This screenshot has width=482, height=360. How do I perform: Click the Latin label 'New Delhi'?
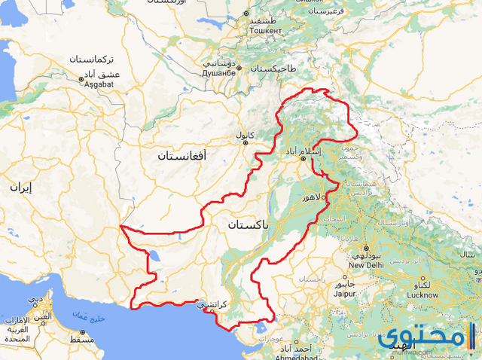[367, 264]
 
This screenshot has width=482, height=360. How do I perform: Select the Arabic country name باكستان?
[249, 224]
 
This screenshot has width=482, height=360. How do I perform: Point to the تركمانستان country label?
[92, 59]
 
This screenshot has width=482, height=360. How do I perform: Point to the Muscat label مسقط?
[83, 340]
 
